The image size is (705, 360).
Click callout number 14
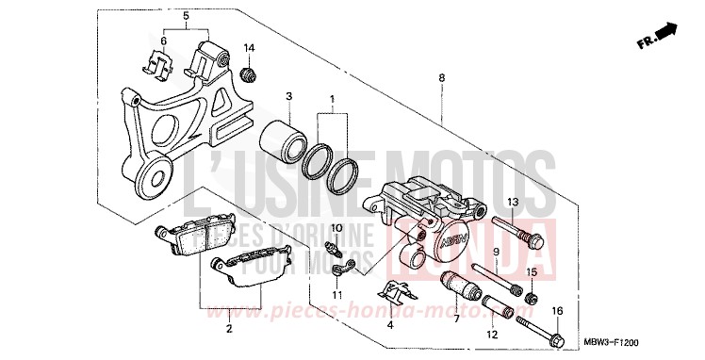(x=250, y=48)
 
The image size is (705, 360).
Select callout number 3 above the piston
(x=289, y=96)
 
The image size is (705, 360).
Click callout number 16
(x=557, y=311)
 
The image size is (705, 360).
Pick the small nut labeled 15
(x=530, y=299)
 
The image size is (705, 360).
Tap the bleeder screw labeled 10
(x=332, y=250)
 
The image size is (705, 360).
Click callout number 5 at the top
(x=186, y=17)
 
